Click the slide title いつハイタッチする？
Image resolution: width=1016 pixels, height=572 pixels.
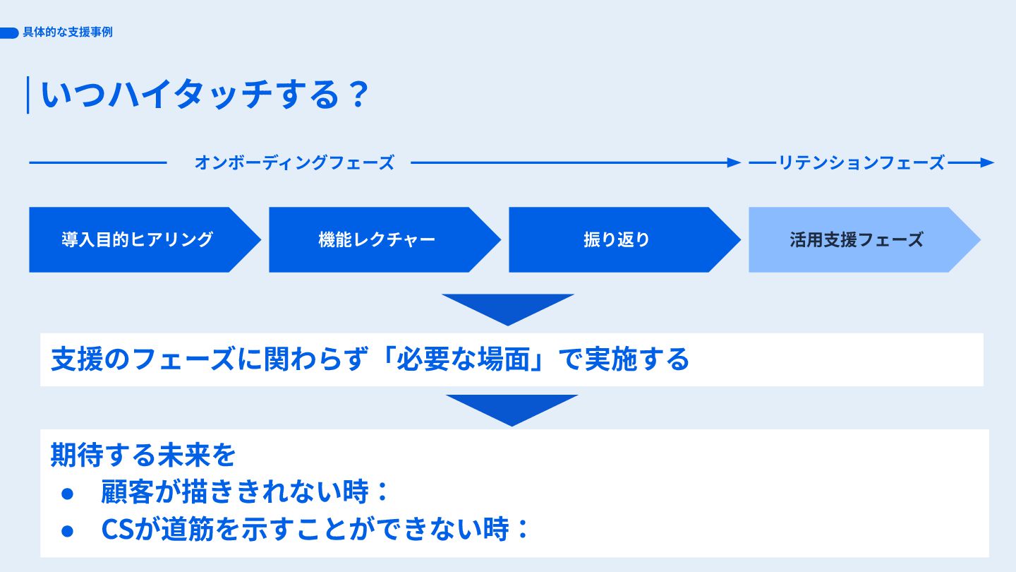205,95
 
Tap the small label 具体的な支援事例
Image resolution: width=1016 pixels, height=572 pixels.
68,32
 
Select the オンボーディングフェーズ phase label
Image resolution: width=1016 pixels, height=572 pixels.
294,162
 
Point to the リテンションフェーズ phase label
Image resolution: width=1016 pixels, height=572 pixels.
861,162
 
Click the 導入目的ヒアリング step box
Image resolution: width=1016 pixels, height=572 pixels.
138,239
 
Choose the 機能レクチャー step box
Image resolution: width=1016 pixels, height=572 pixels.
377,239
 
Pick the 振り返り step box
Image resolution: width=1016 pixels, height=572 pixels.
617,239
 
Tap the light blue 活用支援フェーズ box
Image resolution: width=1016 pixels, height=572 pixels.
857,239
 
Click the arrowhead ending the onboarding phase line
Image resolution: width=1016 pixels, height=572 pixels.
734,162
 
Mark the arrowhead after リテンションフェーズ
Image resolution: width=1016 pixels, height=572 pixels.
987,162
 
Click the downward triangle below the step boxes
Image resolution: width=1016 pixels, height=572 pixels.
508,306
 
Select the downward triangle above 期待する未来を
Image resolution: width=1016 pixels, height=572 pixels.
512,407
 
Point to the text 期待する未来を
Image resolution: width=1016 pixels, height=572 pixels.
143,455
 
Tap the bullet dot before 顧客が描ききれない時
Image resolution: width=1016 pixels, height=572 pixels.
68,493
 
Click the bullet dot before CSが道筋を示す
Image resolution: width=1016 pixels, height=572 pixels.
68,530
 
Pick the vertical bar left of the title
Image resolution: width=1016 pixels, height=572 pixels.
28,95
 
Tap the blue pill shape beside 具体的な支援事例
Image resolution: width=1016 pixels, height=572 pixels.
9,32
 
